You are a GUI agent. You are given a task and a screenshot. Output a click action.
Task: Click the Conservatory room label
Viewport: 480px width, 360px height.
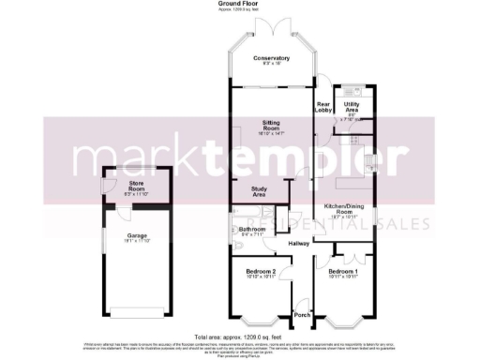click(x=272, y=58)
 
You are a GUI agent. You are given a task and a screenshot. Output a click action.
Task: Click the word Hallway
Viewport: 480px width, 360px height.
click(x=298, y=244)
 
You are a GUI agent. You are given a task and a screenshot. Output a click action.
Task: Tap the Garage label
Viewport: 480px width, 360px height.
click(x=137, y=235)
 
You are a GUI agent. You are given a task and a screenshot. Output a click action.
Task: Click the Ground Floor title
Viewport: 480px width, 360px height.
click(x=238, y=4)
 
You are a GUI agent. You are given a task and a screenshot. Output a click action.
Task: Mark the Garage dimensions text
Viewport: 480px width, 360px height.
click(x=137, y=242)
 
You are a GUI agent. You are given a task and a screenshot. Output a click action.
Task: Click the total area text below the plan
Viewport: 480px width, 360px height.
click(x=238, y=337)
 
